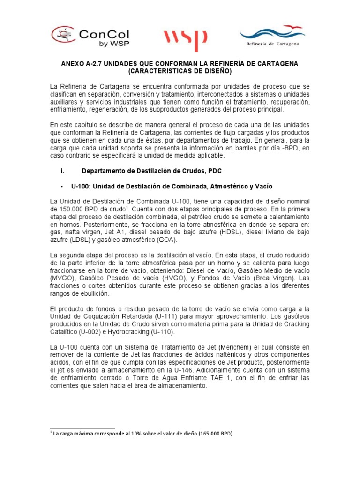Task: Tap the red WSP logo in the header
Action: tap(185, 40)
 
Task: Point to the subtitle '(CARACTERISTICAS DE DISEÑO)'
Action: tap(180, 71)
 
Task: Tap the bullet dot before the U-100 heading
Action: tap(62, 186)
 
